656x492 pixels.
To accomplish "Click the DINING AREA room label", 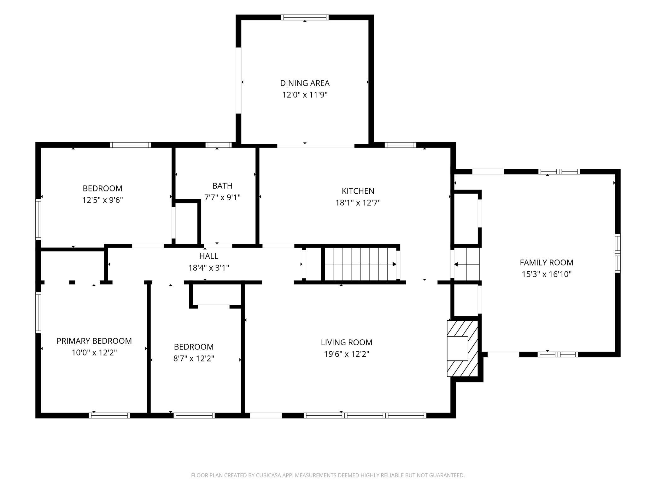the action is coord(305,83).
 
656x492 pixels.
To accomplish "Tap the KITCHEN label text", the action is coord(358,191).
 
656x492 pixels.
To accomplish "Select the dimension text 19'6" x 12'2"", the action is coord(347,354).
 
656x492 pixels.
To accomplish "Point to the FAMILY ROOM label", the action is coord(547,262).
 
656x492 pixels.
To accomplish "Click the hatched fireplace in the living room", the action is coord(463,348).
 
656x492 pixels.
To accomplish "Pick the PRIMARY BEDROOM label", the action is coord(94,341).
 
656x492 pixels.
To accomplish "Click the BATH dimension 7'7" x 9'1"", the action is coord(222,197).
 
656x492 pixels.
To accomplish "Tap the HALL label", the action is coord(209,256).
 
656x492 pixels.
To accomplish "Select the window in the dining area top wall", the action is coord(305,17).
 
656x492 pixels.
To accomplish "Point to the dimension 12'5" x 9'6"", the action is coord(102,200).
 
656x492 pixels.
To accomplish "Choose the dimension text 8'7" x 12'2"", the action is coord(194,359).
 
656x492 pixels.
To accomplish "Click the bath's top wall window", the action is coord(218,145).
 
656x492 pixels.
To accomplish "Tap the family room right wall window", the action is coord(618,253).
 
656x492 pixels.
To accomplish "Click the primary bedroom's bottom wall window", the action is coord(109,416).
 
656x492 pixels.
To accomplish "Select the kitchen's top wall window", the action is coord(400,145).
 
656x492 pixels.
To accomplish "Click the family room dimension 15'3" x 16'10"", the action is coord(547,274).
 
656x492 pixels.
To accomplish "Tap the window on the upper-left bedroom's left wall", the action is coord(38,219).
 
